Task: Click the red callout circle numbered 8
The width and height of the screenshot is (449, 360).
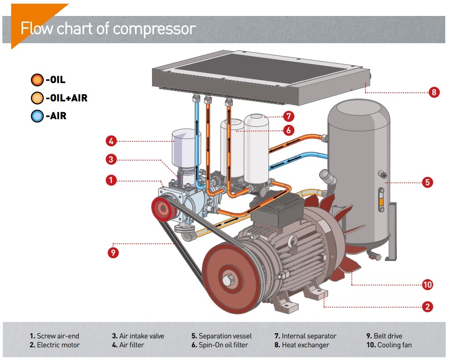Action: (434, 92)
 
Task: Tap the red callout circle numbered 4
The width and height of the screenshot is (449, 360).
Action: (111, 141)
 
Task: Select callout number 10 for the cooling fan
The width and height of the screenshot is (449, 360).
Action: (427, 284)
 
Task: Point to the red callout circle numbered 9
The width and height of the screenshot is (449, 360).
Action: (113, 253)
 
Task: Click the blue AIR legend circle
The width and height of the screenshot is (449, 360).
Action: (37, 116)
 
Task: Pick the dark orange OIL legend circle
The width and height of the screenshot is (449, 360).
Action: (37, 80)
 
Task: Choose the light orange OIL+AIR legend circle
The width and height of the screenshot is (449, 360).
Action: (37, 98)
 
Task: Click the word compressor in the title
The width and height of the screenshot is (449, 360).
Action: (154, 29)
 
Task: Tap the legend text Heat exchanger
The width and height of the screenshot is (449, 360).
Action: (305, 345)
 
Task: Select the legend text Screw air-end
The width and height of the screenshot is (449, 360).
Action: (58, 336)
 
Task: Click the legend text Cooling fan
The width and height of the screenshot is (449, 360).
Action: (394, 345)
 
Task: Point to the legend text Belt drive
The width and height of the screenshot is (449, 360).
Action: (388, 336)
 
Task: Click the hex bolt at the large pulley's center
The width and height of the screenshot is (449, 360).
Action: (228, 280)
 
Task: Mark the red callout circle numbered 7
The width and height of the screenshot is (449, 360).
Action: (289, 116)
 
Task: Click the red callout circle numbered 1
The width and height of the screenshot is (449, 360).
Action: (111, 180)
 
